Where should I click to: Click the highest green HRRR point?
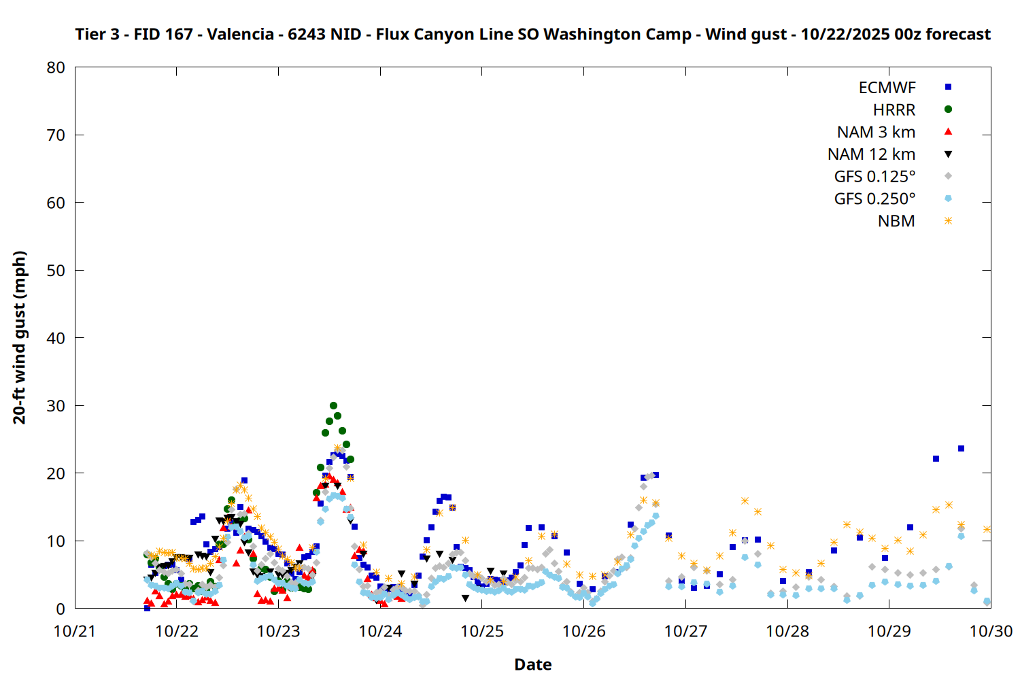pos(333,406)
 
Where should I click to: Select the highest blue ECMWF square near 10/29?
pos(961,449)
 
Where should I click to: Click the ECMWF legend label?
pos(887,88)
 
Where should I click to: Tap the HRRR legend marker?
pos(948,109)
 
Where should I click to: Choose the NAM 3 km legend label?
pos(876,132)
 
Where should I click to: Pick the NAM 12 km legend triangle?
pos(948,154)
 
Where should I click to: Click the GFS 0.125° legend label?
pos(874,177)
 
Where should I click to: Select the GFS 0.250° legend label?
pos(874,199)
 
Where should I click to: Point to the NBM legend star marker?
pos(948,221)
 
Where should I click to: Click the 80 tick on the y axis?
pos(56,67)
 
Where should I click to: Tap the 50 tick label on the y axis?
pos(56,271)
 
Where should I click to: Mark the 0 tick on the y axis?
pos(61,609)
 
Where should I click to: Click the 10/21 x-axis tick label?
pos(75,632)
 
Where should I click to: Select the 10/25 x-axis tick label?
pos(482,632)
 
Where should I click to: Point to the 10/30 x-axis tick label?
pos(991,632)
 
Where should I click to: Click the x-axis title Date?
pos(532,664)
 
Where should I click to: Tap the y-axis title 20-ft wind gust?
pos(20,337)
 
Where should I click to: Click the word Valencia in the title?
pos(240,34)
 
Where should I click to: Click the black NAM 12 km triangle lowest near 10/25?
pos(465,598)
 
